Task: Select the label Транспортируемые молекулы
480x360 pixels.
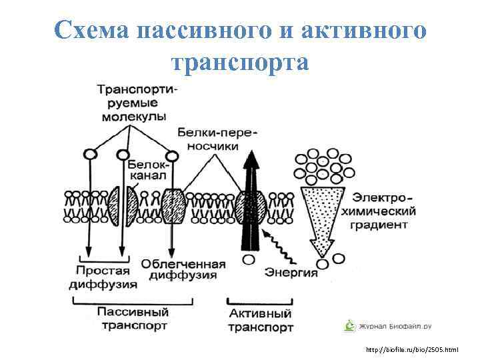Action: tap(134, 103)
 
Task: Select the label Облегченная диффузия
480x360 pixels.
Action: tap(183, 269)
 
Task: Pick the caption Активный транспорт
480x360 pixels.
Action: tap(260, 320)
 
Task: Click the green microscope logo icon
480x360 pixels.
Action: tap(349, 326)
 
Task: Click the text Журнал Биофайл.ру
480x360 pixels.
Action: tap(396, 327)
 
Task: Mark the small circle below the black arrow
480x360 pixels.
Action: tap(249, 260)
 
